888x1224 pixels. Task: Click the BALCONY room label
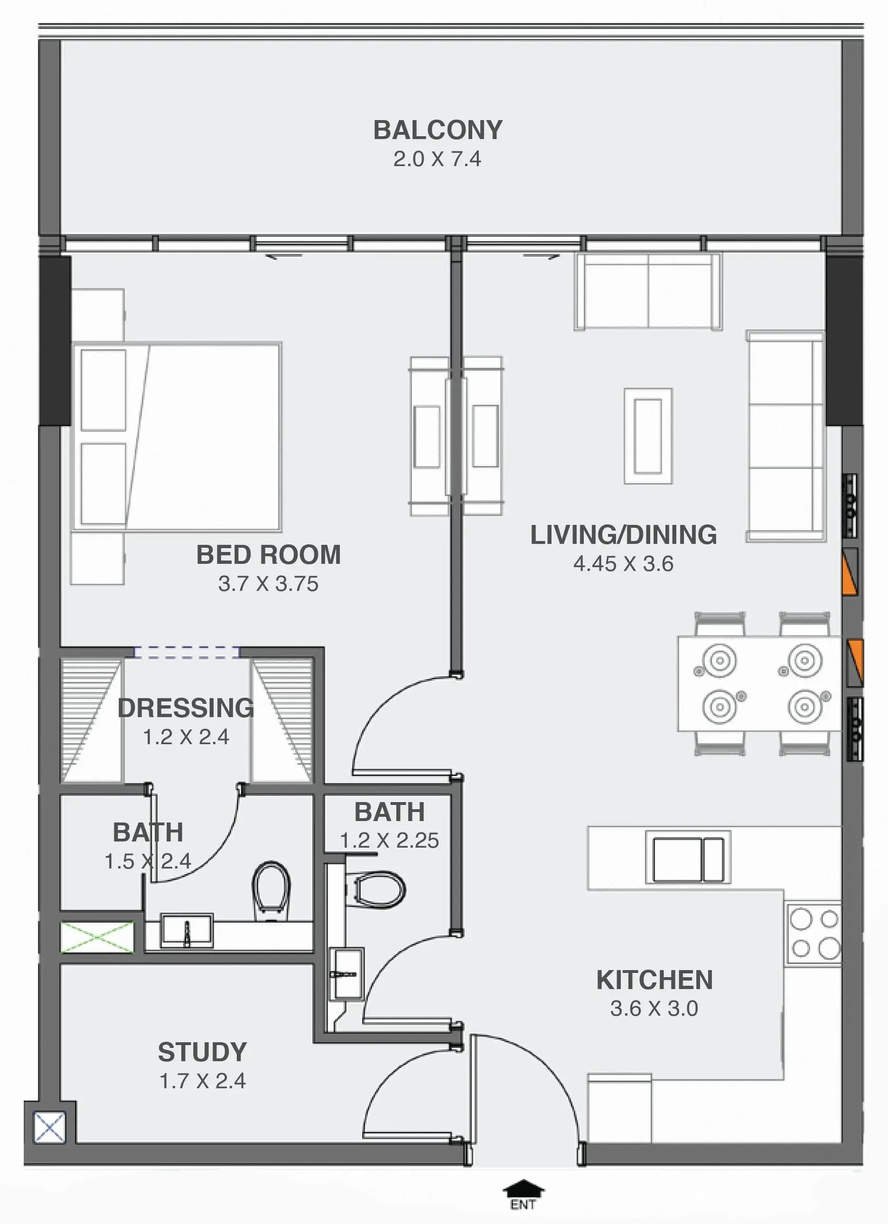(438, 130)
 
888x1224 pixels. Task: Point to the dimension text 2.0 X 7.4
(437, 159)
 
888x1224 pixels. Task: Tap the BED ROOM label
(268, 555)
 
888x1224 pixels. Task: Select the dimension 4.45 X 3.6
(623, 564)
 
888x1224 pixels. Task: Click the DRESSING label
(186, 708)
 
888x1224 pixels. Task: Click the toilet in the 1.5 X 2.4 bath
(271, 891)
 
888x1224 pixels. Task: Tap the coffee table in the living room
(648, 436)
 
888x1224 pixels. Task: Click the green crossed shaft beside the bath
(97, 936)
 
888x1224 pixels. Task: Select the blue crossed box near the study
(50, 1127)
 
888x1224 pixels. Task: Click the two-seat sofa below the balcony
(648, 291)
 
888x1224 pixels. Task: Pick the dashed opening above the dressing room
(187, 653)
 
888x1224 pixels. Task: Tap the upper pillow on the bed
(103, 390)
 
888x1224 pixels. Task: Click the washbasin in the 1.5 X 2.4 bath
(187, 930)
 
